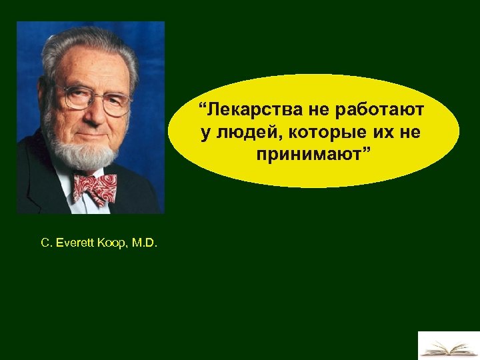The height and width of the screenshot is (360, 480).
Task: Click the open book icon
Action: pos(448,347)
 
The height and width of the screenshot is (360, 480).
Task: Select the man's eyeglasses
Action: pos(93,99)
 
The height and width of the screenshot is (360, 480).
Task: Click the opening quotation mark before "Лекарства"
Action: pos(202,106)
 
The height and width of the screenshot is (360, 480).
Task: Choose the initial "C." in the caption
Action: pos(46,243)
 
